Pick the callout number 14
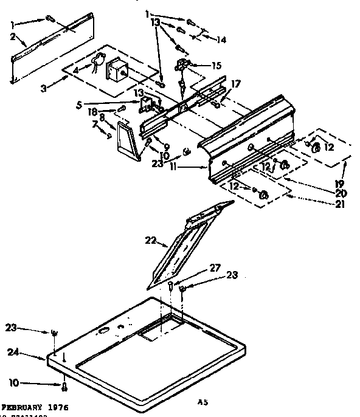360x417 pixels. tap(221, 40)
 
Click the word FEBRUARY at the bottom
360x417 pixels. tap(26, 407)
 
